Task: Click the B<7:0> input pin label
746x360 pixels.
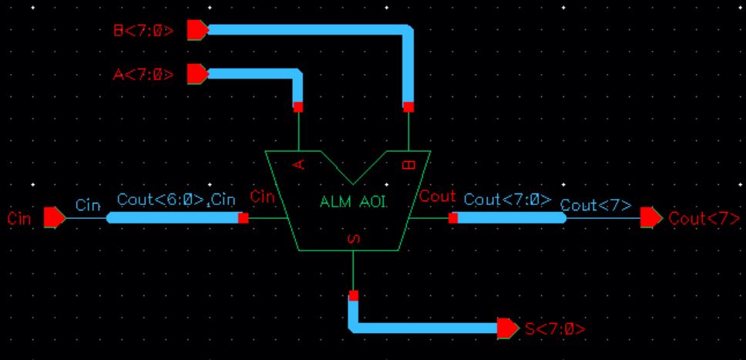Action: click(x=144, y=31)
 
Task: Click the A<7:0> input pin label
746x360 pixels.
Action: click(x=143, y=74)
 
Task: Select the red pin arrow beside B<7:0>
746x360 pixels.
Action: click(x=197, y=30)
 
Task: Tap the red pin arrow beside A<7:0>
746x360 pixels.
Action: click(x=197, y=74)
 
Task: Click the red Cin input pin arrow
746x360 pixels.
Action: click(x=54, y=218)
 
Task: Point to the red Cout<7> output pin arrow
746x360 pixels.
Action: click(x=651, y=218)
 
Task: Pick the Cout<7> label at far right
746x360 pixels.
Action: click(x=704, y=218)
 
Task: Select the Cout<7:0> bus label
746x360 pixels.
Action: click(x=507, y=199)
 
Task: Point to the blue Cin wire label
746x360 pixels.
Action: click(x=88, y=205)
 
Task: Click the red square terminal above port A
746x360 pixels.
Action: click(x=297, y=107)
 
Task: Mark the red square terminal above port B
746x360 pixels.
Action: click(x=408, y=107)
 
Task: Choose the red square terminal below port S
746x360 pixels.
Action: click(x=353, y=295)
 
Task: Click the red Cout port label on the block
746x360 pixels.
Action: click(x=438, y=197)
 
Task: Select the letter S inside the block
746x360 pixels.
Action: click(x=353, y=240)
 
